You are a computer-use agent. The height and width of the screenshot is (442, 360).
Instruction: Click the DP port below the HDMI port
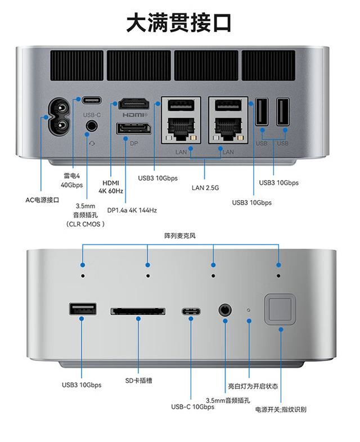point(133,129)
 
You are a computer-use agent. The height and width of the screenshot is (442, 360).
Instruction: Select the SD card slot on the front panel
point(138,311)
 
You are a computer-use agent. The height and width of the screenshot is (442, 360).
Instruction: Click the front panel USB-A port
point(83,310)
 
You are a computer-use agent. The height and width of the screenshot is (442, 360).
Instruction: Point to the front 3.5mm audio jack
point(225,310)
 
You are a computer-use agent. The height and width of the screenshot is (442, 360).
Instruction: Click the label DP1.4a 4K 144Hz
point(132,210)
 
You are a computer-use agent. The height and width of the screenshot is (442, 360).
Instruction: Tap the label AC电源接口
point(42,200)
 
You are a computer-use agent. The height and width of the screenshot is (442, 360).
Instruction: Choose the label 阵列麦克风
point(180,236)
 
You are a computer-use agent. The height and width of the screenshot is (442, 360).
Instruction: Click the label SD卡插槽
point(138,381)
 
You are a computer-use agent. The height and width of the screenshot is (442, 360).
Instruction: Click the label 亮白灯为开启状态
point(253,387)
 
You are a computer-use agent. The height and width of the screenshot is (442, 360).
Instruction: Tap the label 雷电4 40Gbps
point(71,180)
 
